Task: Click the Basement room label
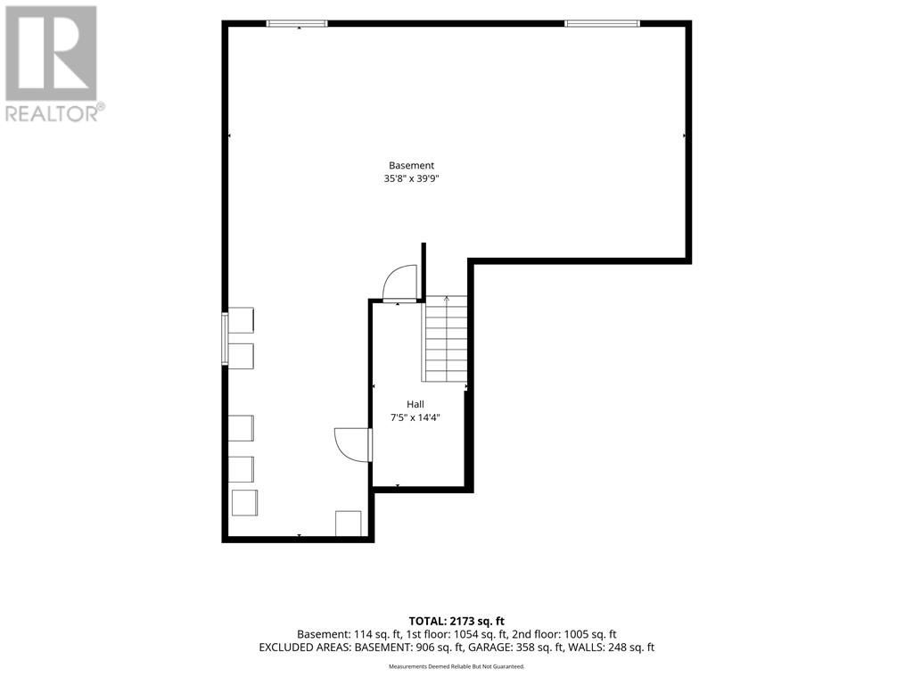click(x=411, y=165)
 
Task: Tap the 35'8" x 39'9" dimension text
click(x=411, y=178)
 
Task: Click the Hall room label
click(x=415, y=404)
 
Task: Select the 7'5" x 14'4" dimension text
click(x=415, y=417)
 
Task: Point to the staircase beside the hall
click(x=446, y=339)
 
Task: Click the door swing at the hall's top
click(x=400, y=283)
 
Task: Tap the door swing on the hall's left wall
click(x=353, y=444)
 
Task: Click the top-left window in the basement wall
click(x=297, y=24)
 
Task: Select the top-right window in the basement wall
click(x=602, y=24)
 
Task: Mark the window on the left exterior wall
click(x=225, y=339)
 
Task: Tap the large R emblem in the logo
click(x=51, y=53)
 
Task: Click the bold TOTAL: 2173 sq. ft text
click(x=456, y=622)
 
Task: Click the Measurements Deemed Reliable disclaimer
click(x=456, y=666)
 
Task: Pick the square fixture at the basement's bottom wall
click(x=349, y=524)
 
